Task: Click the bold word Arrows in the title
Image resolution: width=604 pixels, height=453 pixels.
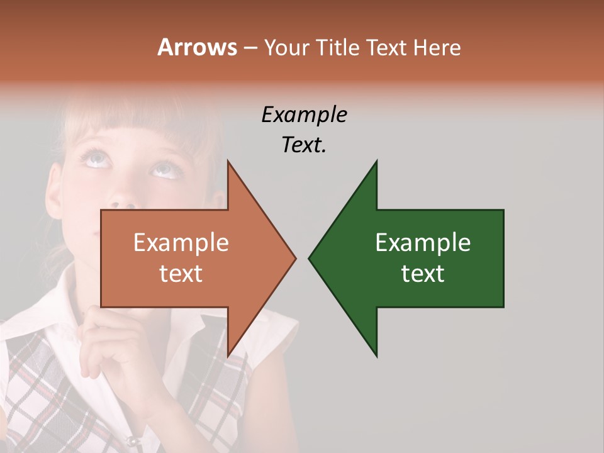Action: [196, 47]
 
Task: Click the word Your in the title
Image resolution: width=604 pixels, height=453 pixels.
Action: [286, 48]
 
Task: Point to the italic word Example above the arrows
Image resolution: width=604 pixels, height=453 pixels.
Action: [304, 115]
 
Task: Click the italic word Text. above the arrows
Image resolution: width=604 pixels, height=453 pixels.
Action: [304, 145]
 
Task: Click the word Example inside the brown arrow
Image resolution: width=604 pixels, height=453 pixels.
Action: [181, 243]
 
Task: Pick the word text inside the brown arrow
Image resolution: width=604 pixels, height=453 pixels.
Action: [181, 274]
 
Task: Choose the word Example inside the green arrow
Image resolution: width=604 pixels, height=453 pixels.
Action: [423, 243]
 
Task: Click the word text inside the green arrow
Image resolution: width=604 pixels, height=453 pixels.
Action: [423, 274]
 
